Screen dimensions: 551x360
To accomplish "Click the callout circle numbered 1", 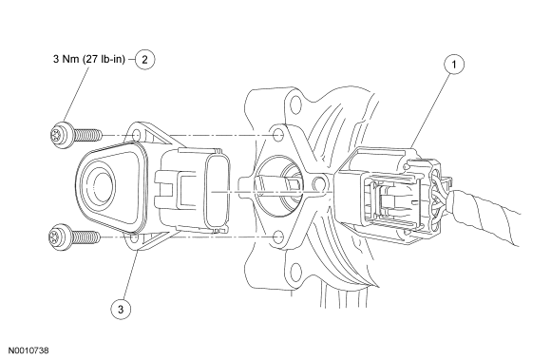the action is (454, 65).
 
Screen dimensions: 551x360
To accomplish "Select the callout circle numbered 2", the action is (144, 59).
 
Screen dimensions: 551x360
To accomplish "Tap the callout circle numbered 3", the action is (121, 310).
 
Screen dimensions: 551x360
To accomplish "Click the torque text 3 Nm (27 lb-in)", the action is (89, 59).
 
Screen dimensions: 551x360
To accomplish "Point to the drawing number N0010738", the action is (28, 351).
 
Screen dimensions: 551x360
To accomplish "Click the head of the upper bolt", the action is (61, 135).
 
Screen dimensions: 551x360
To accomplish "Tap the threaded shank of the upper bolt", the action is (87, 135).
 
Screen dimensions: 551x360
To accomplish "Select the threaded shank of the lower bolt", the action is (86, 237).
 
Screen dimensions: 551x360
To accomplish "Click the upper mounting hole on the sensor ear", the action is (136, 136).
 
